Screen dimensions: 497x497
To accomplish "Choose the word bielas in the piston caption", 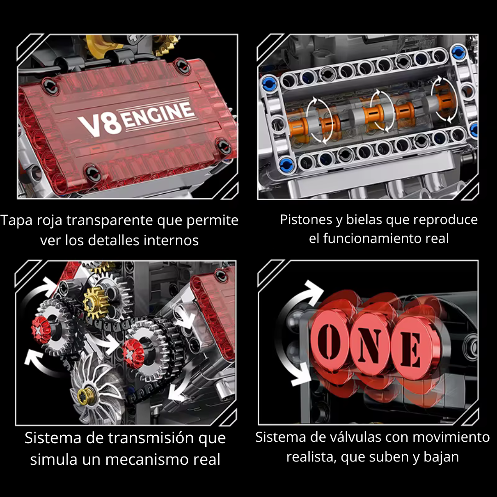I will (x=362, y=220).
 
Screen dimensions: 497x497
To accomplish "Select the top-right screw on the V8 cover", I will (x=185, y=67).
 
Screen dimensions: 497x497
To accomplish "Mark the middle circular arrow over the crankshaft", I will (x=379, y=110).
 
